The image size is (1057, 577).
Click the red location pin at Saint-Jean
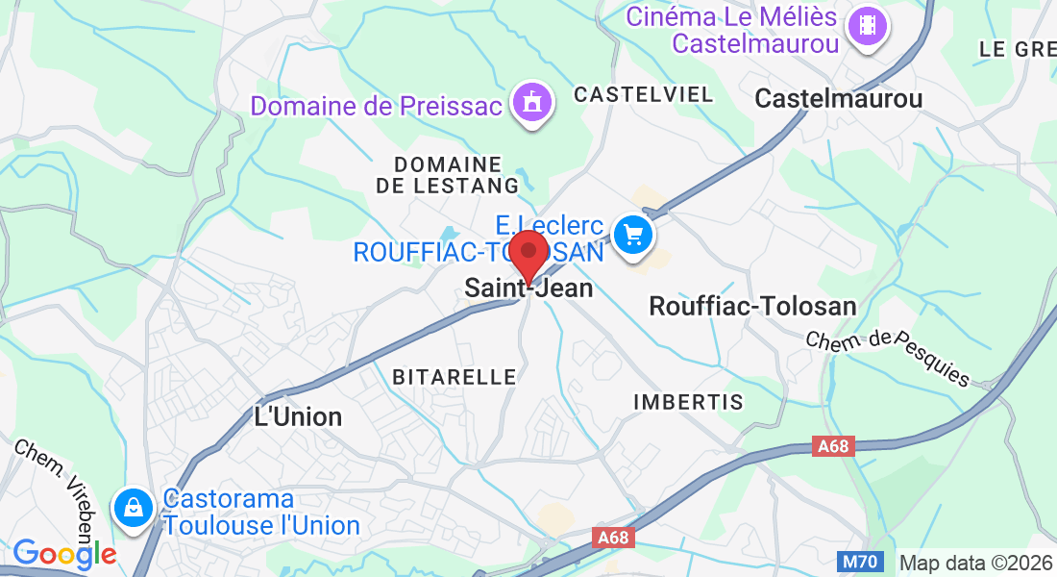(x=528, y=252)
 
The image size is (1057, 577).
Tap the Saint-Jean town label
(x=528, y=288)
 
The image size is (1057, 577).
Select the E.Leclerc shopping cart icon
(x=633, y=234)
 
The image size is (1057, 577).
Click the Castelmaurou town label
(x=839, y=98)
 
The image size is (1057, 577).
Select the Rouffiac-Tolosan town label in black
(x=752, y=307)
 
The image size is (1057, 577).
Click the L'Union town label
(x=297, y=416)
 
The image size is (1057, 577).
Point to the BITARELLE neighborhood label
(x=455, y=377)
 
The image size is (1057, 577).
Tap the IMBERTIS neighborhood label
(x=689, y=402)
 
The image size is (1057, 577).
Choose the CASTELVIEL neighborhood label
(x=644, y=94)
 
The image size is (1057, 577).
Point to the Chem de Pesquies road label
(x=888, y=357)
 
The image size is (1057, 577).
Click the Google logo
(x=65, y=554)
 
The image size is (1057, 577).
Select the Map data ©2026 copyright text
(x=976, y=563)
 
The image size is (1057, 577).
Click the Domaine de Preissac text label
(x=377, y=105)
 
